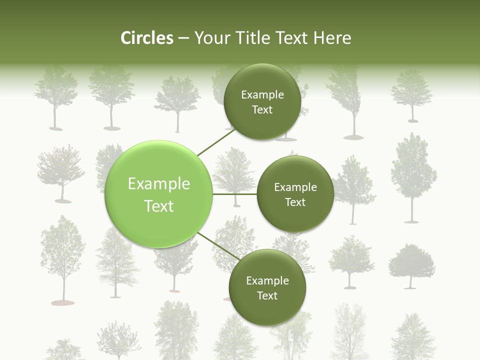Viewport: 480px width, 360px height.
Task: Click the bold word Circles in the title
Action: click(146, 38)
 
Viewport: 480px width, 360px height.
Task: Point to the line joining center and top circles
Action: click(216, 142)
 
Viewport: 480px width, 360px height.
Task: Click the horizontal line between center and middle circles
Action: click(235, 194)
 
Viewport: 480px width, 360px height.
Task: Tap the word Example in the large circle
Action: click(159, 184)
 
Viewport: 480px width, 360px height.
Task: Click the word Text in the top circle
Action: click(262, 110)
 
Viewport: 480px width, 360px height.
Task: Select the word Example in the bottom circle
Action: click(267, 281)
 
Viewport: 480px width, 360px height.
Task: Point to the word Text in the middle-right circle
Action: click(295, 202)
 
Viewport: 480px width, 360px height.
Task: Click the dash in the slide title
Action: click(183, 38)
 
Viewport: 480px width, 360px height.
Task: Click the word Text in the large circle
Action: click(159, 206)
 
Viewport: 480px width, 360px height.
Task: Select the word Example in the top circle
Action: click(262, 95)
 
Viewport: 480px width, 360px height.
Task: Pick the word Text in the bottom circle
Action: click(267, 296)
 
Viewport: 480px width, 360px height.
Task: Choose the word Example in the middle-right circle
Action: click(295, 187)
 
